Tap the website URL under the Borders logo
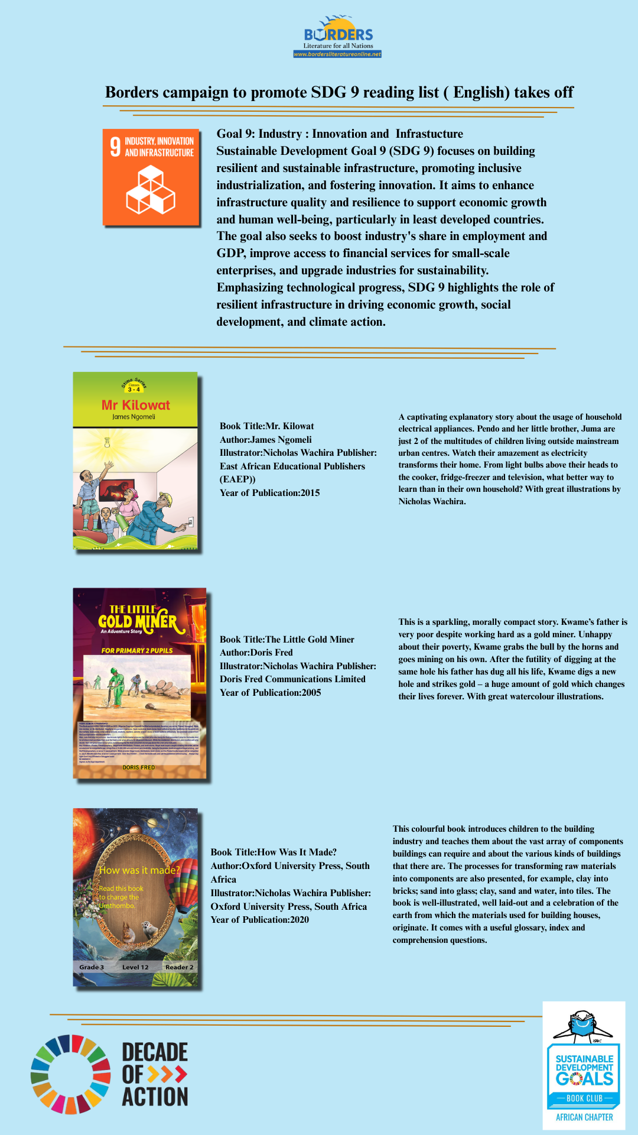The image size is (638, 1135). click(337, 54)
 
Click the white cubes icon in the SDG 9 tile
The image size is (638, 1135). click(151, 190)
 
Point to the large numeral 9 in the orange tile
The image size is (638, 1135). click(115, 147)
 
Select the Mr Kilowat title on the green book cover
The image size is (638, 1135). click(135, 405)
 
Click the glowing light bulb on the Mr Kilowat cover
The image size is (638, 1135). click(108, 443)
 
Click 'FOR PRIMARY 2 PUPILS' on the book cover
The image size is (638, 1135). click(137, 650)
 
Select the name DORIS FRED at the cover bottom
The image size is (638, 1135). click(139, 767)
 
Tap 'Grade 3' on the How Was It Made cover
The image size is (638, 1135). click(92, 967)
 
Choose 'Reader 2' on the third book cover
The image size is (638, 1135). click(179, 967)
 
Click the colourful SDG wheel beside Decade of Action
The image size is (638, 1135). click(70, 1074)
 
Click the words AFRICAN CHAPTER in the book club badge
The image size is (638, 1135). click(584, 1117)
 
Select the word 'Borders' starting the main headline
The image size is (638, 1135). click(132, 93)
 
